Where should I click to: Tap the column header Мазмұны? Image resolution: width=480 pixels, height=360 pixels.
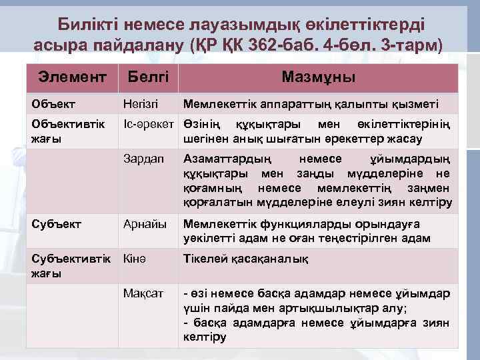pyautogui.click(x=318, y=77)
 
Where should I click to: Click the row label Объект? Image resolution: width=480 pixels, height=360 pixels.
pyautogui.click(x=53, y=104)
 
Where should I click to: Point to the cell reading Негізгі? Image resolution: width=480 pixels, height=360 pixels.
pyautogui.click(x=142, y=104)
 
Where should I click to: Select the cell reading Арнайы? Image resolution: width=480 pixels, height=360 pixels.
pyautogui.click(x=145, y=224)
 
